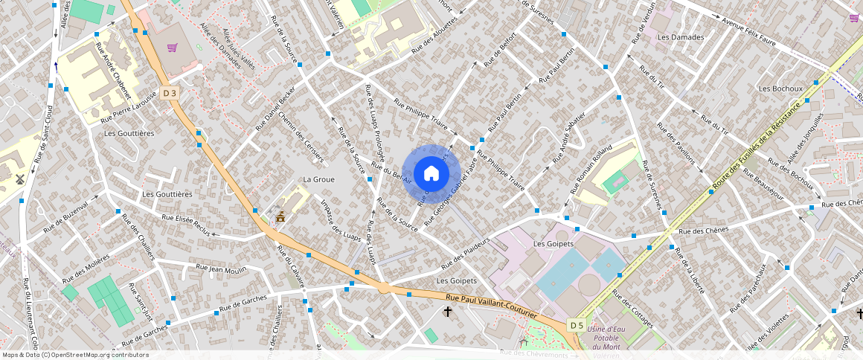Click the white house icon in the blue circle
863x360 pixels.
[431, 173]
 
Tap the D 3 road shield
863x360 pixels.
[170, 93]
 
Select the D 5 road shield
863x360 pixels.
[576, 325]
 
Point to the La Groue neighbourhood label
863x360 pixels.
[318, 179]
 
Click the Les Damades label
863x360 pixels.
[680, 37]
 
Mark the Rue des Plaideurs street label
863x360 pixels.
[468, 253]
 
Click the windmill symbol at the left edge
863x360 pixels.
[20, 179]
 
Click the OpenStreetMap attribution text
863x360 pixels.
[75, 355]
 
